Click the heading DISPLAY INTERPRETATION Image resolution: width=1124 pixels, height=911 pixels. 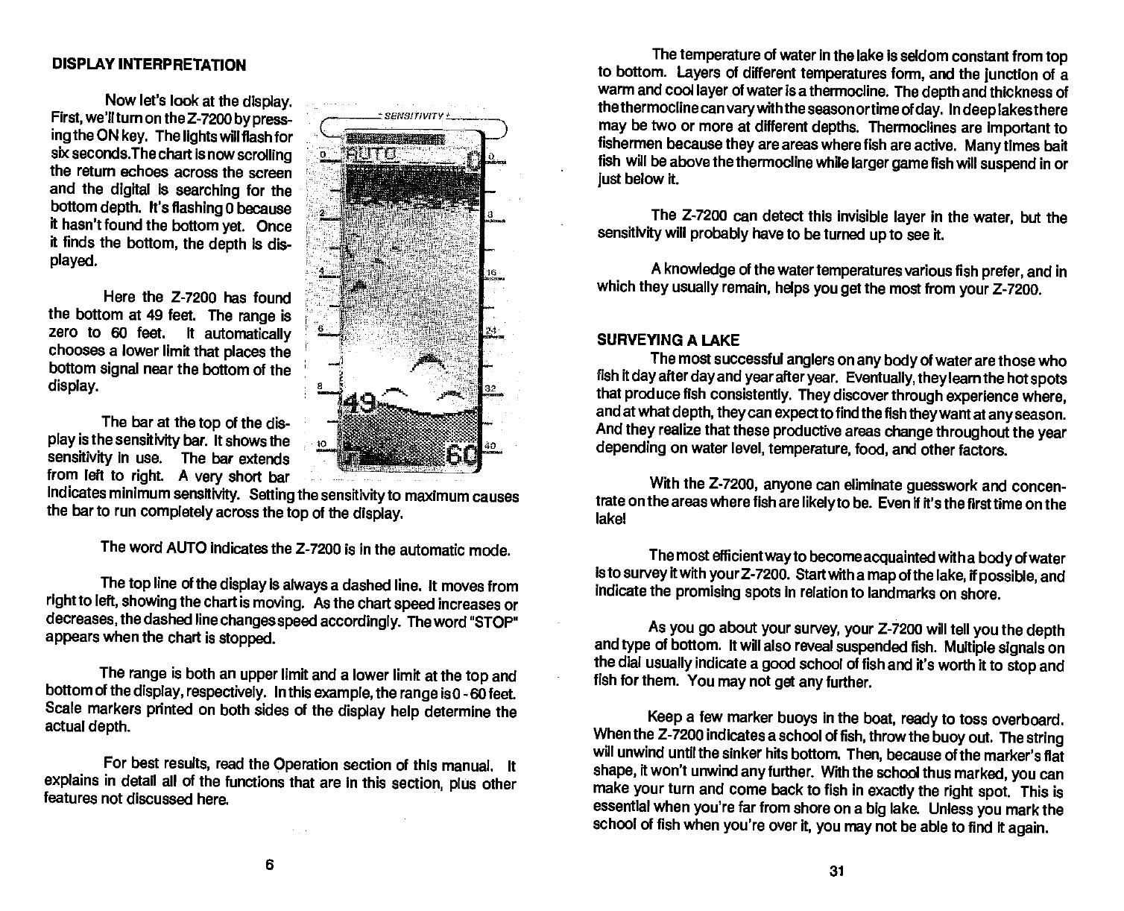pos(149,65)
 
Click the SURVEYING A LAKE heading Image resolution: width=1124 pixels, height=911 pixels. pos(668,341)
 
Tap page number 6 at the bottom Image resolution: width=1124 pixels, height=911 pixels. pos(270,865)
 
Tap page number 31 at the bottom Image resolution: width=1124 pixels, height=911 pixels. pos(836,871)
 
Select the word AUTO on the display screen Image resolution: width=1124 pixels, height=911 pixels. pos(373,157)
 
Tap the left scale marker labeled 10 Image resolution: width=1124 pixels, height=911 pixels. pos(321,444)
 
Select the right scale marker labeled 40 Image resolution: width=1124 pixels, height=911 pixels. pos(490,445)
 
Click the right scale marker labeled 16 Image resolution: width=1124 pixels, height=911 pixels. pos(491,274)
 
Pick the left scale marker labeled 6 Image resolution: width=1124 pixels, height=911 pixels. pos(321,329)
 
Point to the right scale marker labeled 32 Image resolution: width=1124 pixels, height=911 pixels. pos(491,388)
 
